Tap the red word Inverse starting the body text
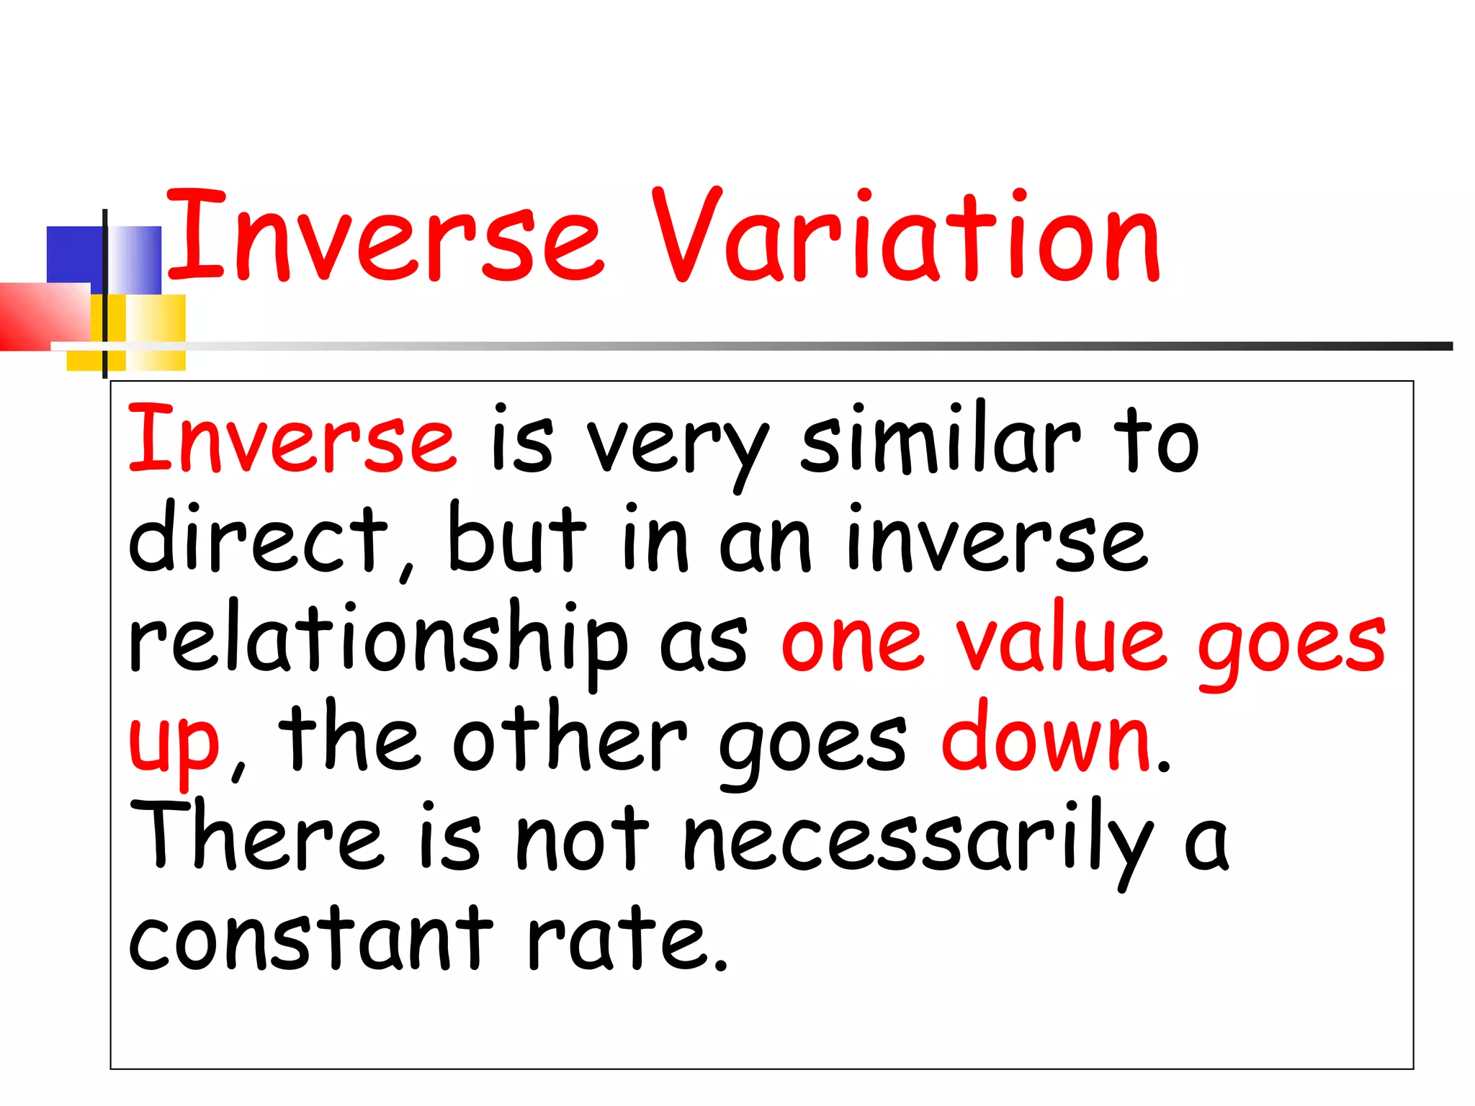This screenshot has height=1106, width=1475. pos(292,439)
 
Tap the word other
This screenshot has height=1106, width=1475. pos(569,739)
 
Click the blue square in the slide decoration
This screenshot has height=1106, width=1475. pos(74,253)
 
